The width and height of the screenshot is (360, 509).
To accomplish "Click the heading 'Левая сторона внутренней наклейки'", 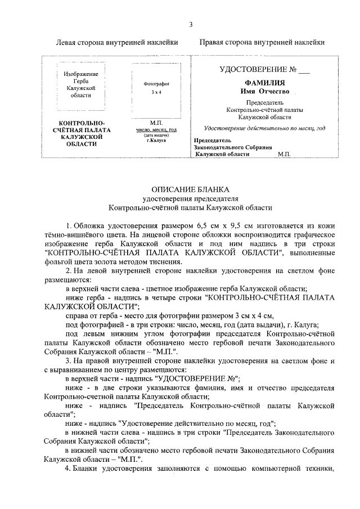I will (x=118, y=42).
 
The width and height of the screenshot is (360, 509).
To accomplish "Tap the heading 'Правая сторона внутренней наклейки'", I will (x=262, y=42).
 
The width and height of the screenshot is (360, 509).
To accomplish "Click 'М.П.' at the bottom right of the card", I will (x=284, y=154).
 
